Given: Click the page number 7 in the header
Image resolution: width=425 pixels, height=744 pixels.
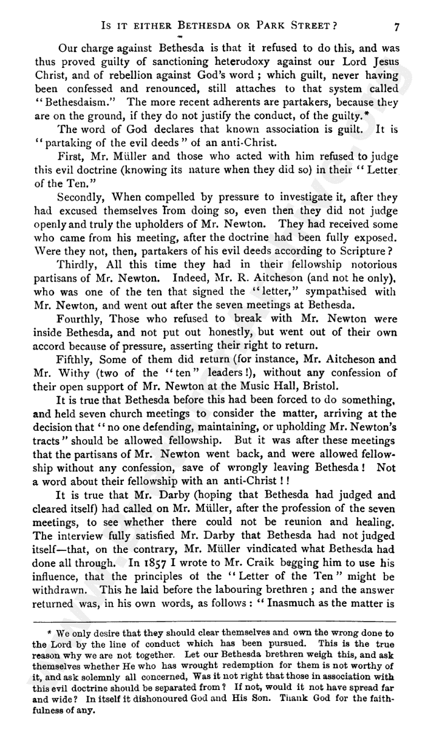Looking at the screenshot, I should (396, 27).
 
